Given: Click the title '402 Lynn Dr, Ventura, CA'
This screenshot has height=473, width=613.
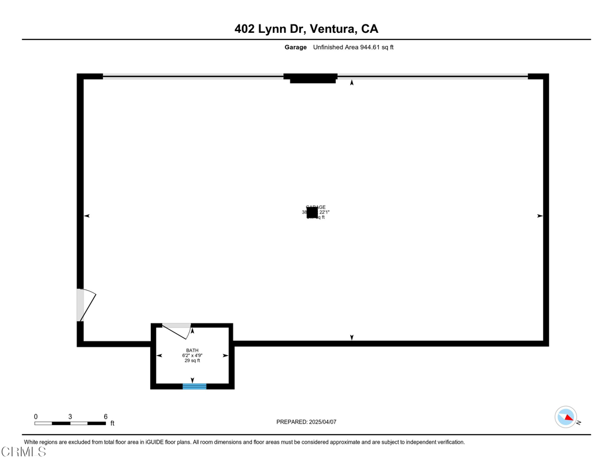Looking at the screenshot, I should [x=306, y=29].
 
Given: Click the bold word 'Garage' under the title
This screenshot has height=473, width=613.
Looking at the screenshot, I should [x=295, y=47].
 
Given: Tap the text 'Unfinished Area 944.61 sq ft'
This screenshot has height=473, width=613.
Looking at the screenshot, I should [x=353, y=47].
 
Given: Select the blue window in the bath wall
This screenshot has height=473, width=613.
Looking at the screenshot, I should [x=195, y=386].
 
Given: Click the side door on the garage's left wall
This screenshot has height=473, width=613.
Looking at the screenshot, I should [x=85, y=305].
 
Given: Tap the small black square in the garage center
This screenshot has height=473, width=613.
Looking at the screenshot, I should [x=312, y=212].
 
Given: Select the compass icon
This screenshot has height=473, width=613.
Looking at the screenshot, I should [x=566, y=417].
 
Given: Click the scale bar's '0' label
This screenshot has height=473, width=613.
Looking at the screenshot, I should [x=35, y=417].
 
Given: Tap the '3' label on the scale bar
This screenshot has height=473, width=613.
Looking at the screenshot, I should [x=70, y=417].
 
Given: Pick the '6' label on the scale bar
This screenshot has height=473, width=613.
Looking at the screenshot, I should [x=105, y=417].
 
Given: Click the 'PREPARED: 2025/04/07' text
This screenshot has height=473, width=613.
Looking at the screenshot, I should [x=306, y=422].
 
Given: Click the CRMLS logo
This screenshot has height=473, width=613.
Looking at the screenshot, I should [x=24, y=452].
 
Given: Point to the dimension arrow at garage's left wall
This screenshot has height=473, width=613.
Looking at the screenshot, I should [x=87, y=215].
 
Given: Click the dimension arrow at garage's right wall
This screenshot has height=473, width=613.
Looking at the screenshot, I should [x=539, y=215].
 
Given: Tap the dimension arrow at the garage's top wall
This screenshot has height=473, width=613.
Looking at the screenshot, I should [x=352, y=83].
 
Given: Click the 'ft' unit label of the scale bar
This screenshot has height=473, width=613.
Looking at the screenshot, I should [x=112, y=424].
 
